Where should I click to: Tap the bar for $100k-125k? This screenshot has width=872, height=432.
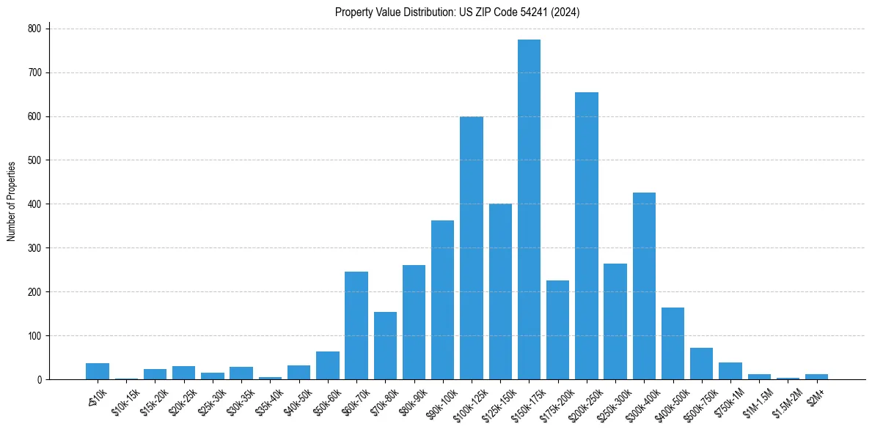[472, 248]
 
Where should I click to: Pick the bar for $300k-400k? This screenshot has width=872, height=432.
[644, 286]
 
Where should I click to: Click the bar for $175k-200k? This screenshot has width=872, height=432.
[558, 330]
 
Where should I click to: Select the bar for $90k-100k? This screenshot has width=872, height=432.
[442, 300]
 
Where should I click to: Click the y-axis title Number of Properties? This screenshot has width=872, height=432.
[11, 201]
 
